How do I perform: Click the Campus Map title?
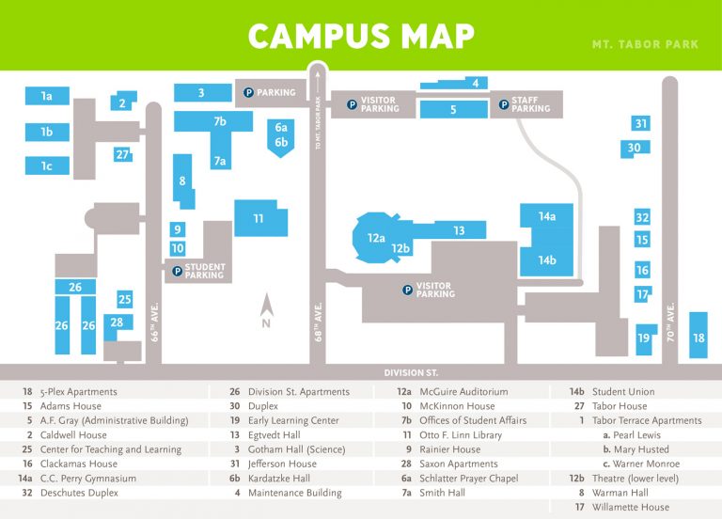coord(361,37)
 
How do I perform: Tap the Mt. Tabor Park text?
coord(645,45)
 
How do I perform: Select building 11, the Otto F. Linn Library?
coord(259,218)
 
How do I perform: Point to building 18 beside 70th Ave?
coord(698,337)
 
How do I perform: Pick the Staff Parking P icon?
coord(505,104)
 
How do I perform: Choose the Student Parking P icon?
coord(177,272)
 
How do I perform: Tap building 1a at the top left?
coord(46,96)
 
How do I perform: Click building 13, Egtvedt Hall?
coord(459,230)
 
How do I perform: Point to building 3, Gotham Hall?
coord(201,92)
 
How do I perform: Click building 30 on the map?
coord(635,148)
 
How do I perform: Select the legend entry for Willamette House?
coord(631,508)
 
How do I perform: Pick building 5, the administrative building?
coord(453,109)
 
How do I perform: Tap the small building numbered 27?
coord(122,154)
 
